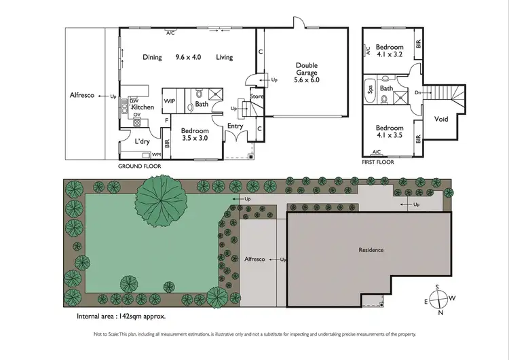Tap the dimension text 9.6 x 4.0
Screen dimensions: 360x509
coord(189,58)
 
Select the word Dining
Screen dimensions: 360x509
coord(153,58)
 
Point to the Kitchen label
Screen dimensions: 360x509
coord(142,107)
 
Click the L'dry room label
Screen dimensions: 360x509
coord(142,141)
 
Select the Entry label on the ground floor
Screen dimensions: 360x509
coord(235,125)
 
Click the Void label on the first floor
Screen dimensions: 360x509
coord(441,119)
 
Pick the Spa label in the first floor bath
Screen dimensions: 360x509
coord(371,88)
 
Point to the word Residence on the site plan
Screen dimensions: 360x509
coord(371,250)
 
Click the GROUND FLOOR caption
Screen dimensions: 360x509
coord(138,165)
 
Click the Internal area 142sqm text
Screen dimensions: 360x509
coord(121,317)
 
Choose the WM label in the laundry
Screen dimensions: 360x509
coord(156,155)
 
